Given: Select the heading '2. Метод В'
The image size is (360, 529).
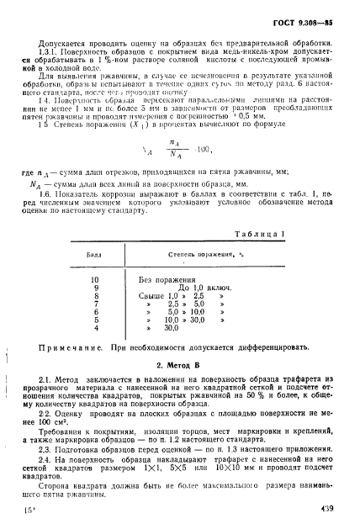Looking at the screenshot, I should click(182, 366).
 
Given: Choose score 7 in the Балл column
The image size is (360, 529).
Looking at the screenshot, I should click(95, 304).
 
